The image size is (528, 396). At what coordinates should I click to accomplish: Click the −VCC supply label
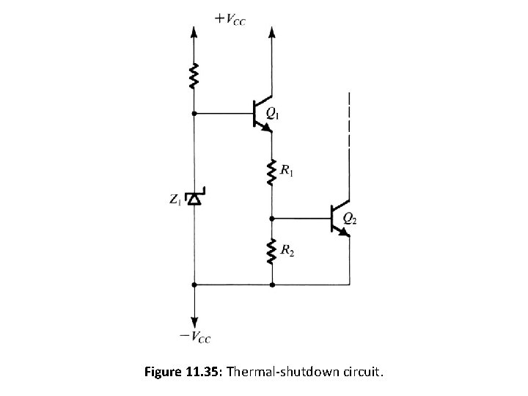[x=195, y=337]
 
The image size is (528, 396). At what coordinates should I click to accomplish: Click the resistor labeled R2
[x=272, y=253]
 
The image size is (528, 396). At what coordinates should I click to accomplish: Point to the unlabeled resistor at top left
[x=194, y=75]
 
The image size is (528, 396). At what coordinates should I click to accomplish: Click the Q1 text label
[x=273, y=114]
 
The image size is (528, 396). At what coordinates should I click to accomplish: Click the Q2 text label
[x=351, y=217]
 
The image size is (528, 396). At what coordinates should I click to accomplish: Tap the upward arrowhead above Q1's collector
[x=272, y=32]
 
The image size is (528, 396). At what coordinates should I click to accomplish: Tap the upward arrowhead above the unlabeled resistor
[x=194, y=32]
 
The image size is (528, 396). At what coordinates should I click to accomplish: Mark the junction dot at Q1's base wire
[x=194, y=114]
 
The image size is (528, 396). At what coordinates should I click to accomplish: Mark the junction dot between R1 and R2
[x=272, y=218]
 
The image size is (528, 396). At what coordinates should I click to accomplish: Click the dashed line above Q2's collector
[x=350, y=121]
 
